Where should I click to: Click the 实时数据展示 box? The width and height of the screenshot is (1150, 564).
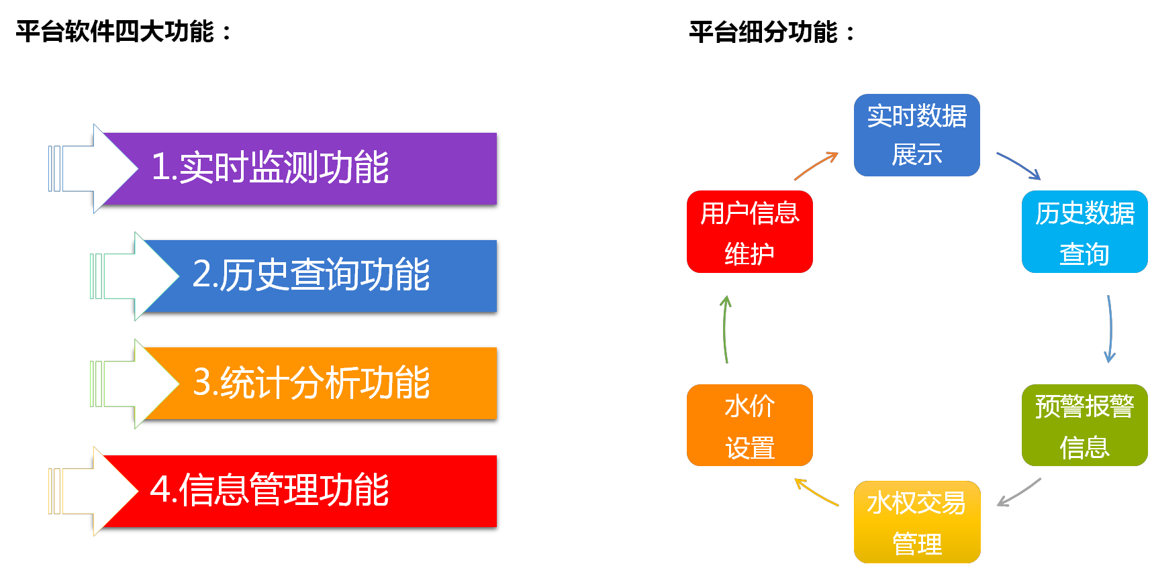pos(916,135)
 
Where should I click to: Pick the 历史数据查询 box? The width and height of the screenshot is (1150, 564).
pos(1084,231)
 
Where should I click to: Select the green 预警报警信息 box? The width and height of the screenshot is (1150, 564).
pos(1084,425)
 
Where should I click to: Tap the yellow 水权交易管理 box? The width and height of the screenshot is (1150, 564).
pos(916,522)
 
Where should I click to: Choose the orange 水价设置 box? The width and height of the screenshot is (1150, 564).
pos(749,425)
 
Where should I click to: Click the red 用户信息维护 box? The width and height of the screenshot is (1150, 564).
pos(749,231)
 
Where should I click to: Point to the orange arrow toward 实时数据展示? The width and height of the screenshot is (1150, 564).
pos(816,166)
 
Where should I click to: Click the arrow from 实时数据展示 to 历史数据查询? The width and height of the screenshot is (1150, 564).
pos(1019,165)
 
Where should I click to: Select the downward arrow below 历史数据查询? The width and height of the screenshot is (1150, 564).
pos(1110,329)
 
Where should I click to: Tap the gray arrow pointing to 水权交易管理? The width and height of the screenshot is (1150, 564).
pos(1019,492)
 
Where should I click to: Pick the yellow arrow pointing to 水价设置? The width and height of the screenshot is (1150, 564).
pos(816,492)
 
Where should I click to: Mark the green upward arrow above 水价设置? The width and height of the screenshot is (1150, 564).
pos(725,329)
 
